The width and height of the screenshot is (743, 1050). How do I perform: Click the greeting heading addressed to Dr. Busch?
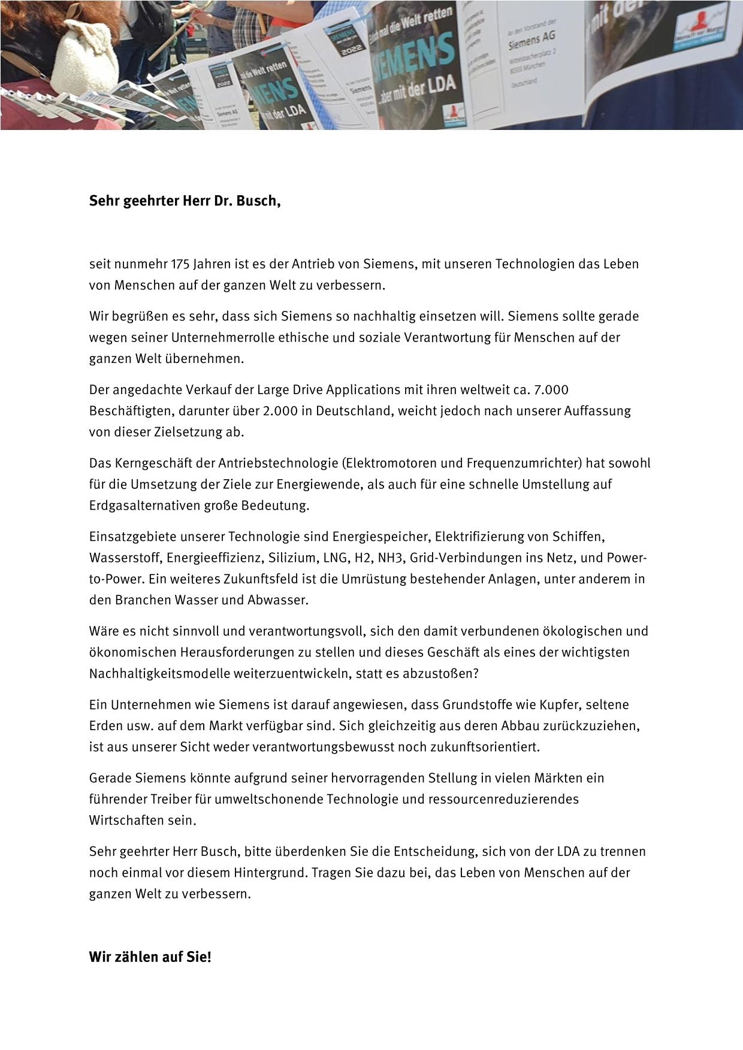click(185, 201)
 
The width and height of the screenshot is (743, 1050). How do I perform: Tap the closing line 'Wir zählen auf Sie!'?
click(150, 957)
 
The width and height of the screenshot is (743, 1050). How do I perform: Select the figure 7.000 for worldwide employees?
click(550, 390)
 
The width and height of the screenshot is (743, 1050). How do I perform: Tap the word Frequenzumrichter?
click(528, 463)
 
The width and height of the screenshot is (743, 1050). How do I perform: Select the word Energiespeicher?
click(381, 537)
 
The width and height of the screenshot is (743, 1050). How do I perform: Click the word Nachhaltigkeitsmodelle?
click(159, 673)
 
